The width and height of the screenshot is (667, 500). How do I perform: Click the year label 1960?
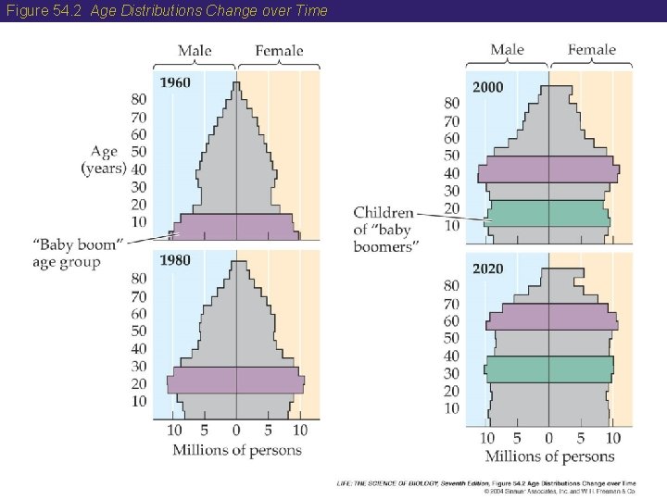click(x=175, y=82)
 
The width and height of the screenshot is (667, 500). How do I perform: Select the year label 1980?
click(x=175, y=260)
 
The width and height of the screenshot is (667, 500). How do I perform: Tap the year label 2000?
click(x=488, y=87)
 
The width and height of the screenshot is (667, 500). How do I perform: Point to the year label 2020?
click(x=488, y=269)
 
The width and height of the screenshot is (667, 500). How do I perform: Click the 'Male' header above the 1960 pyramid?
click(x=195, y=50)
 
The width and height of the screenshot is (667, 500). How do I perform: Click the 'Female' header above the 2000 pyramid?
click(x=591, y=50)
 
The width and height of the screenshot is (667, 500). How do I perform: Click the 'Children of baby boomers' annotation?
click(x=384, y=229)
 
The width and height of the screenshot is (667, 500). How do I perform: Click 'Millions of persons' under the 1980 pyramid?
click(x=237, y=450)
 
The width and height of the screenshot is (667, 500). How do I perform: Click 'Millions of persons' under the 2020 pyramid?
click(x=549, y=456)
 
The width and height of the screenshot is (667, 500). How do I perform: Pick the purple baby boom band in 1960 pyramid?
click(x=235, y=227)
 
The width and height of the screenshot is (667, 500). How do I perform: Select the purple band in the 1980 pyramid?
click(x=235, y=380)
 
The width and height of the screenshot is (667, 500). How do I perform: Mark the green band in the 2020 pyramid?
click(x=548, y=369)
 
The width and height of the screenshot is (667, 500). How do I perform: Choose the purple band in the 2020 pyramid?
click(x=550, y=317)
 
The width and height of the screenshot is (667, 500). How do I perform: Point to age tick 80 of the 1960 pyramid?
click(x=138, y=100)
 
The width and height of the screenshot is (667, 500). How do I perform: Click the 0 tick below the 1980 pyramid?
click(x=236, y=431)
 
